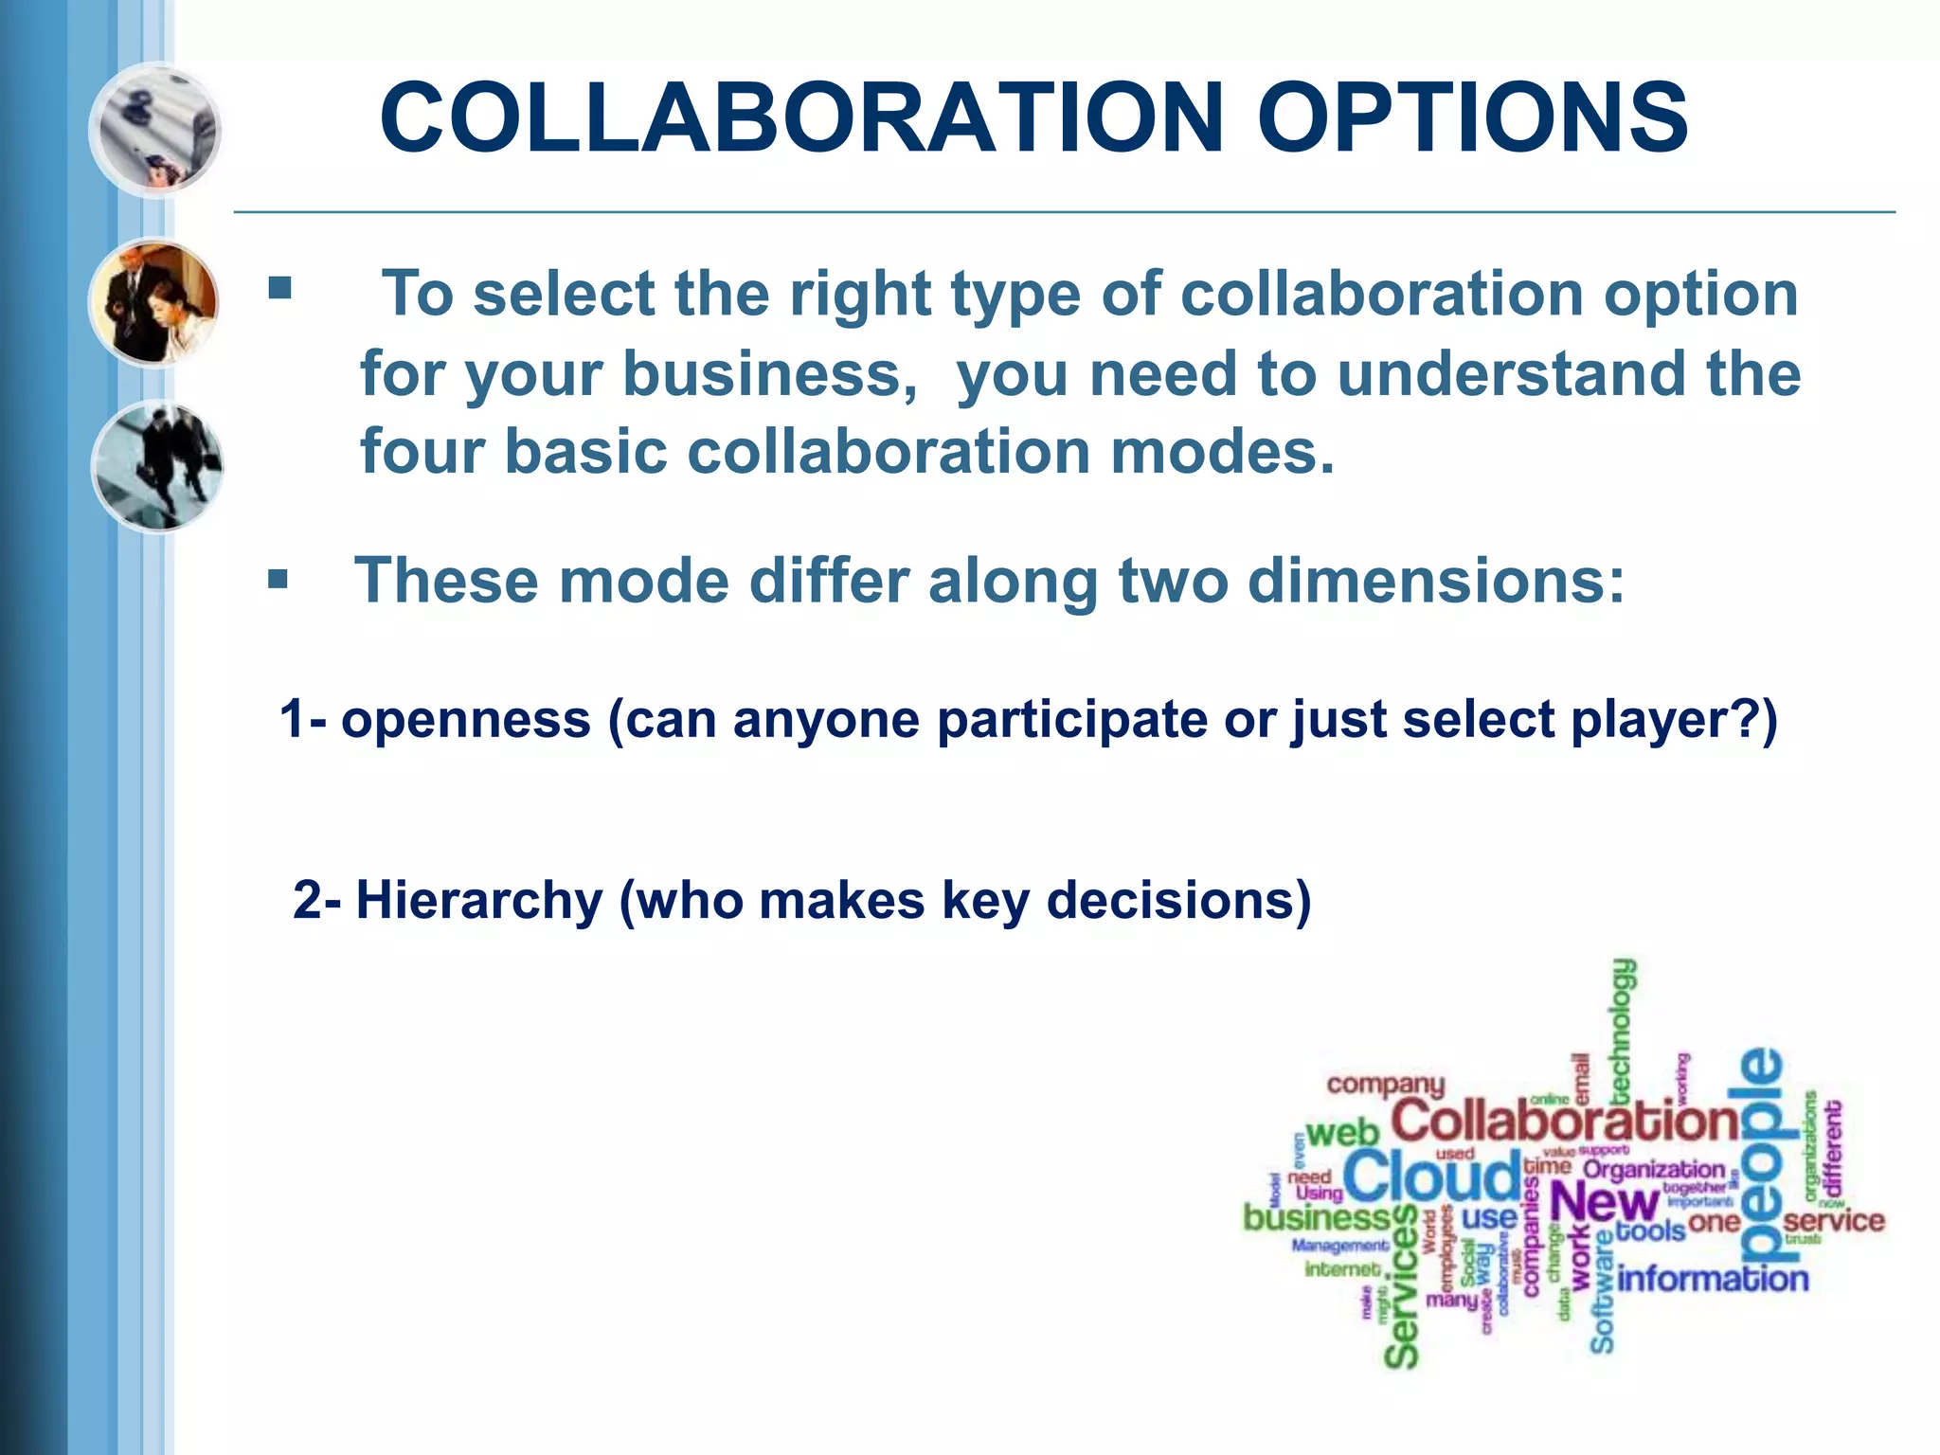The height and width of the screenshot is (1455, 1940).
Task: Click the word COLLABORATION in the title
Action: tap(801, 117)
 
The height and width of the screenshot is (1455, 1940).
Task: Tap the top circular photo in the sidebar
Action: tap(155, 130)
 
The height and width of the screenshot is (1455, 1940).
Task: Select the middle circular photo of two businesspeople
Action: tap(155, 303)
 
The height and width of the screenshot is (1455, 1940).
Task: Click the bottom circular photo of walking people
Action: tap(157, 466)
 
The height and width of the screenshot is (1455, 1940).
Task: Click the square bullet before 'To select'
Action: tap(279, 287)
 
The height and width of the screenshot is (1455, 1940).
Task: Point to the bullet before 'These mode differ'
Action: tap(278, 579)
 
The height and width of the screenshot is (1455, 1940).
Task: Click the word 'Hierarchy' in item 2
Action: tap(478, 900)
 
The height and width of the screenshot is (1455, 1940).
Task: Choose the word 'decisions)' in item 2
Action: tap(1178, 900)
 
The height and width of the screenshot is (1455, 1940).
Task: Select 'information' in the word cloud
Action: tap(1713, 1279)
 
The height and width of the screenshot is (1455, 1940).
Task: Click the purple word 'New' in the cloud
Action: tap(1604, 1204)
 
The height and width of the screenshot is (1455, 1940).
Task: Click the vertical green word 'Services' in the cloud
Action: tap(1402, 1288)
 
